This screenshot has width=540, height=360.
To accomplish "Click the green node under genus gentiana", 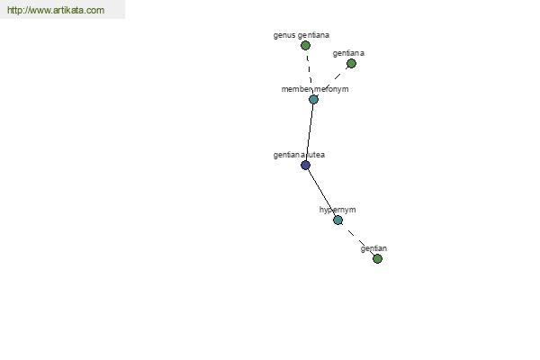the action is click(x=305, y=46).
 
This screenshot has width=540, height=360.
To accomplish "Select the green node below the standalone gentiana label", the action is click(x=351, y=63).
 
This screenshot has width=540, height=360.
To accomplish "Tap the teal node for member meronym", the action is click(x=313, y=100).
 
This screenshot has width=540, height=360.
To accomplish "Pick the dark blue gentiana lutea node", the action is click(x=305, y=166).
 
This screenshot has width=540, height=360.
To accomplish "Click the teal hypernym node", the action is click(x=338, y=220).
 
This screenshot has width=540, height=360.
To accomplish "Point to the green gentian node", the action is click(x=377, y=258).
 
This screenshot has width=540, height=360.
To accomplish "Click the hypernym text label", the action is click(x=337, y=210).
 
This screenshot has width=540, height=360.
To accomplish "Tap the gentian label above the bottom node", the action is click(x=373, y=248).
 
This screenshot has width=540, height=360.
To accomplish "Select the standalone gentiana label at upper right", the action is click(x=348, y=53).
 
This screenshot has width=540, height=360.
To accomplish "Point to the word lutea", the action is click(x=316, y=155).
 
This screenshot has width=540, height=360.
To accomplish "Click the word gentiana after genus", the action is click(x=313, y=35).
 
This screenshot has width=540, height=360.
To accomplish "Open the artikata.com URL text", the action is click(x=56, y=10).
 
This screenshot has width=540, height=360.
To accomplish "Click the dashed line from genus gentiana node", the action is click(x=310, y=72).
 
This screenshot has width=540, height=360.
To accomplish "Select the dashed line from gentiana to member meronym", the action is click(x=332, y=81).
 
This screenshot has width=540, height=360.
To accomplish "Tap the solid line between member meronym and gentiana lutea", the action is click(x=310, y=132).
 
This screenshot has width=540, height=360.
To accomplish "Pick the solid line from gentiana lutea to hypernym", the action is click(x=321, y=193).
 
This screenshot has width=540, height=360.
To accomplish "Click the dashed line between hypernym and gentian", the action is click(x=358, y=239).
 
